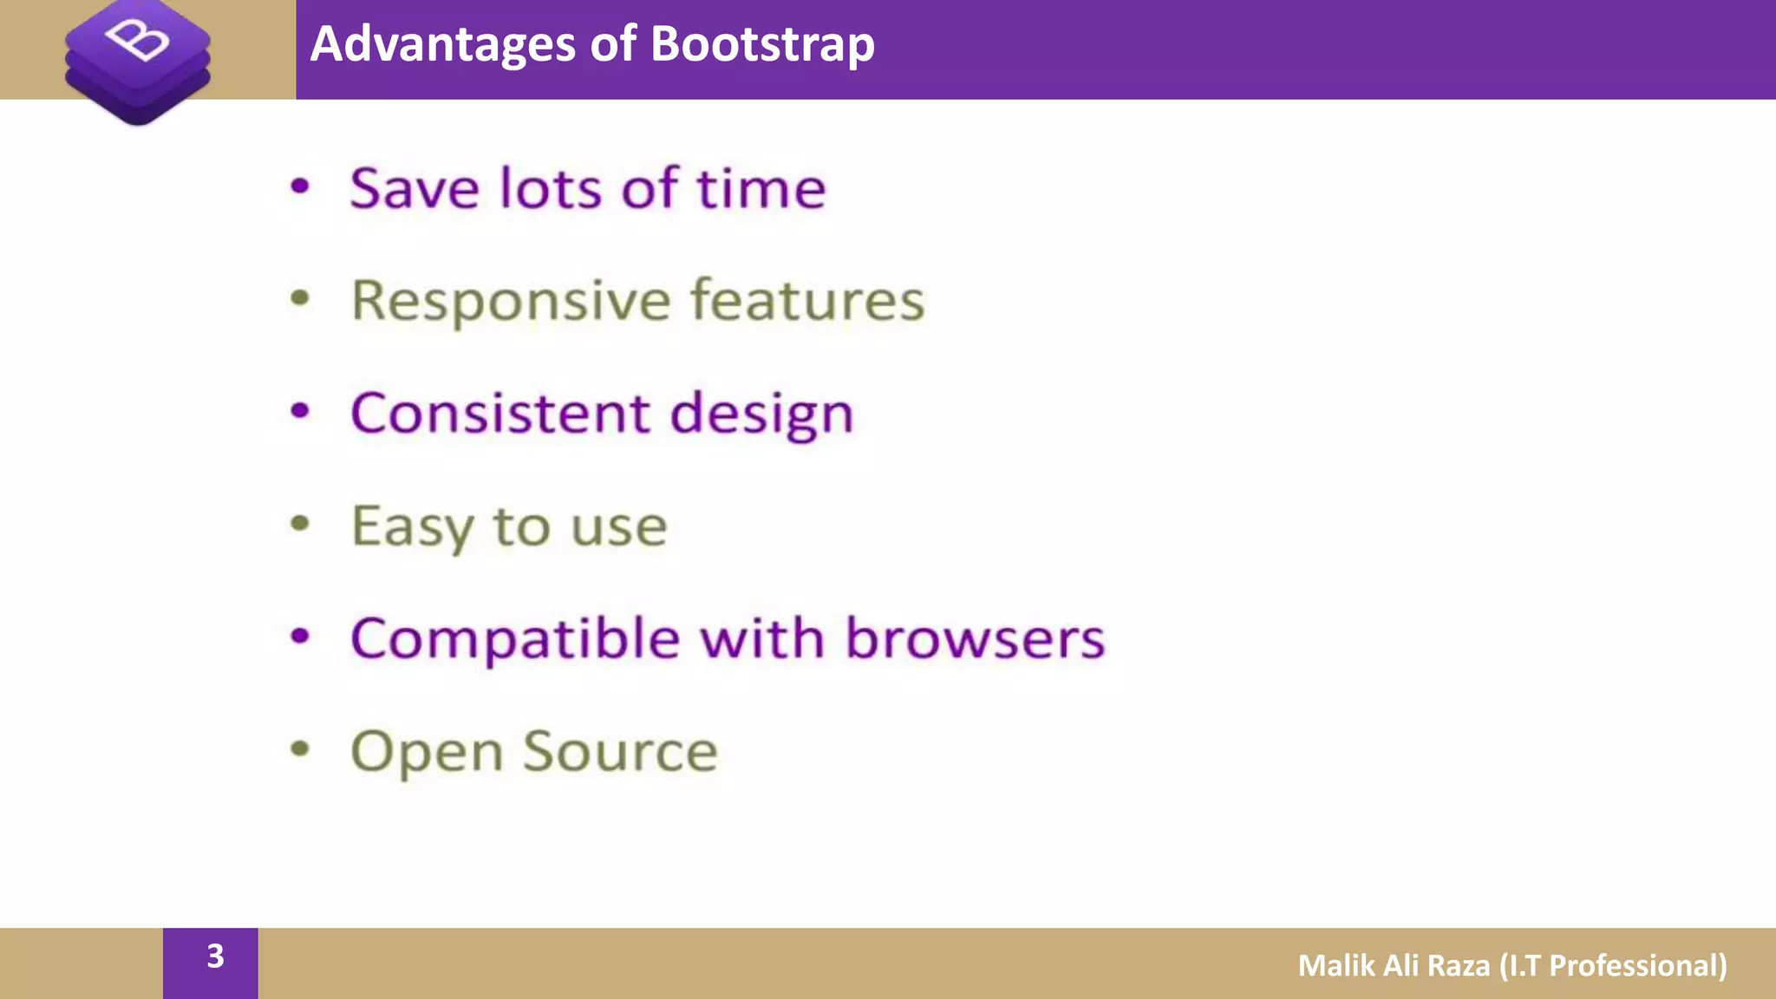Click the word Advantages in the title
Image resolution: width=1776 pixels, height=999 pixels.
(443, 44)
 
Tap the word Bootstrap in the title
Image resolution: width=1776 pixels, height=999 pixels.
(762, 44)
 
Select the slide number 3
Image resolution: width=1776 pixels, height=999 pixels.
(215, 956)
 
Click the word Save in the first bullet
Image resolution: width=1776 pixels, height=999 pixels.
(414, 188)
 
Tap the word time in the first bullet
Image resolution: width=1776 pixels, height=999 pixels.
(761, 188)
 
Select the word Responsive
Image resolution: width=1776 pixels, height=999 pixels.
(511, 302)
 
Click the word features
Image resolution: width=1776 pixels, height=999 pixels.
(807, 300)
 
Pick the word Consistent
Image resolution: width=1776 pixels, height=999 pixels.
(499, 413)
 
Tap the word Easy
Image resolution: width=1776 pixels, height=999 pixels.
(412, 527)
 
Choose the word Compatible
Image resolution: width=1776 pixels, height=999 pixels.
(514, 640)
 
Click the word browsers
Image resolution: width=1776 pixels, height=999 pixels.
(975, 638)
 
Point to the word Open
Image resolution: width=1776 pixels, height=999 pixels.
(426, 753)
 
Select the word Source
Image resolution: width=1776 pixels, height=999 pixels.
(620, 751)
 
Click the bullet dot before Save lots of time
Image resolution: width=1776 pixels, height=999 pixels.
(300, 186)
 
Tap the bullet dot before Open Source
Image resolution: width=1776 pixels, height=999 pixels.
(300, 748)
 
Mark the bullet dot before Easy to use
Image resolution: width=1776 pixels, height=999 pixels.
(300, 524)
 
